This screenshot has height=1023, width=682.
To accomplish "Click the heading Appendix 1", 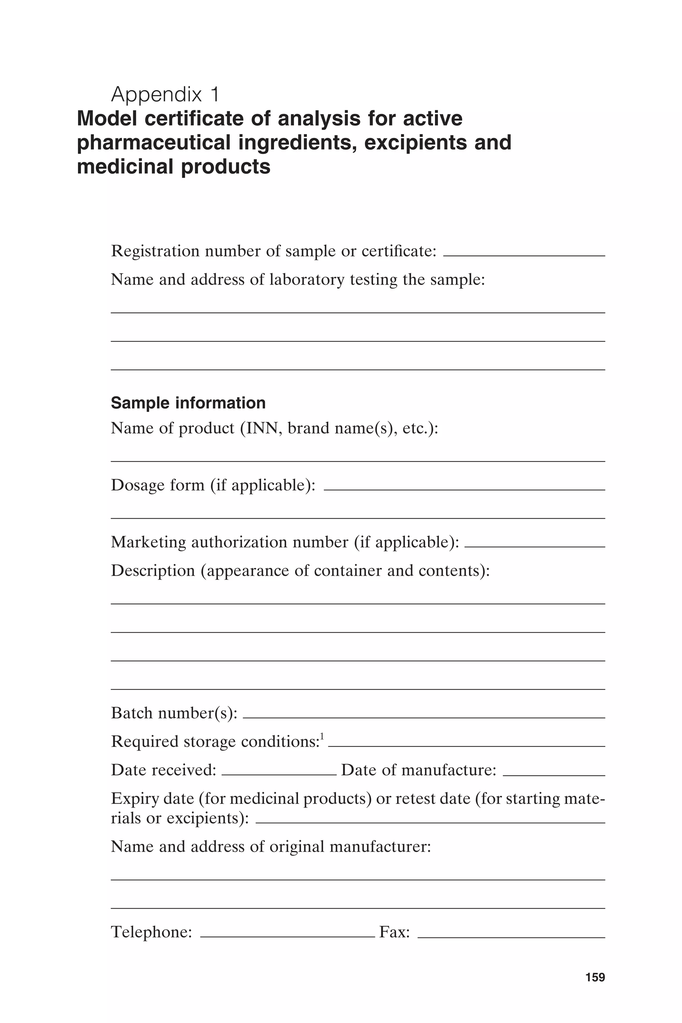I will tap(165, 94).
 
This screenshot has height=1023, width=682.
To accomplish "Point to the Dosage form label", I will tap(213, 485).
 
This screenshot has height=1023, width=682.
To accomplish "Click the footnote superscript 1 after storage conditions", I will tap(322, 736).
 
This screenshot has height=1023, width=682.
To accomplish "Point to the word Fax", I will tap(394, 932).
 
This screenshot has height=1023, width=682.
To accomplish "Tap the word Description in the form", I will tap(153, 570).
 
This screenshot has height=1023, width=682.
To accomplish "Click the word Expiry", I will tap(134, 799).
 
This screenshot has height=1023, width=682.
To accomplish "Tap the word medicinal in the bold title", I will tap(125, 167).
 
